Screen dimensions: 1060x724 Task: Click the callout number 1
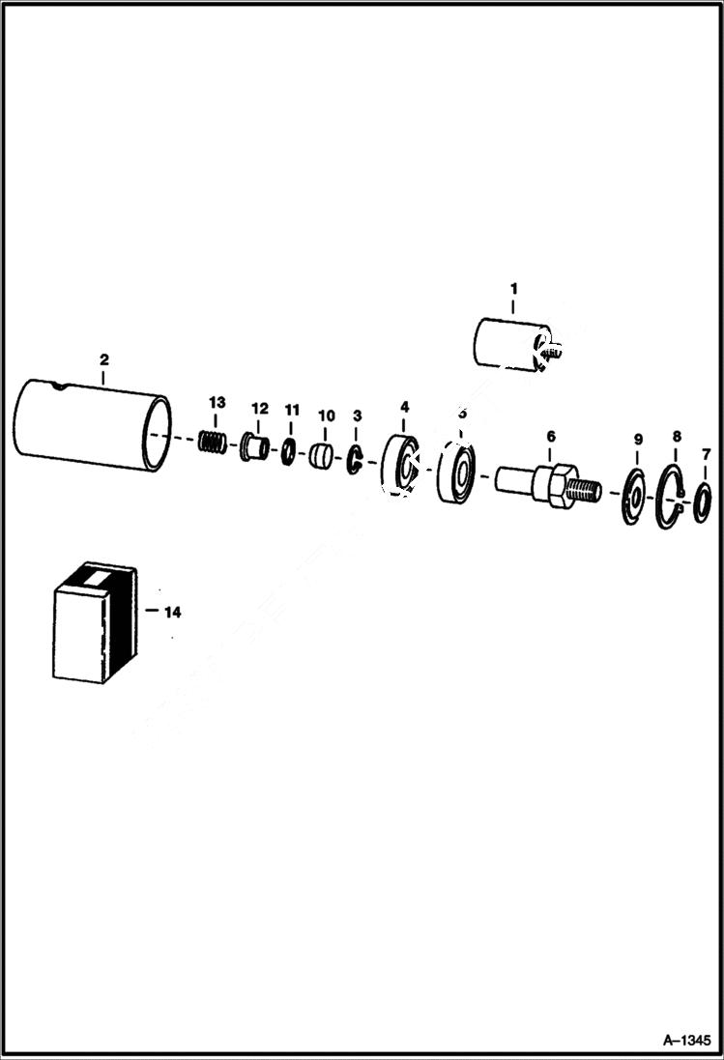(513, 289)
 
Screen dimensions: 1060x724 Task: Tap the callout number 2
(104, 360)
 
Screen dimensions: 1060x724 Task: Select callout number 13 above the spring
(216, 402)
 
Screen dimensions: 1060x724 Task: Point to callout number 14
(172, 612)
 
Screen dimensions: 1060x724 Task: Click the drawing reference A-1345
(688, 1041)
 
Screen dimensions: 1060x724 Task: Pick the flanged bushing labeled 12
(255, 447)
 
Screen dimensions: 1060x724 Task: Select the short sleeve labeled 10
(323, 455)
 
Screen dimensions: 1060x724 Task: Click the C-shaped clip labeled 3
(355, 462)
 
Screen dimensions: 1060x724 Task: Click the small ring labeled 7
(704, 503)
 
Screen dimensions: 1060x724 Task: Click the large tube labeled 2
(93, 424)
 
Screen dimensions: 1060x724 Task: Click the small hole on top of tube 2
(62, 388)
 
